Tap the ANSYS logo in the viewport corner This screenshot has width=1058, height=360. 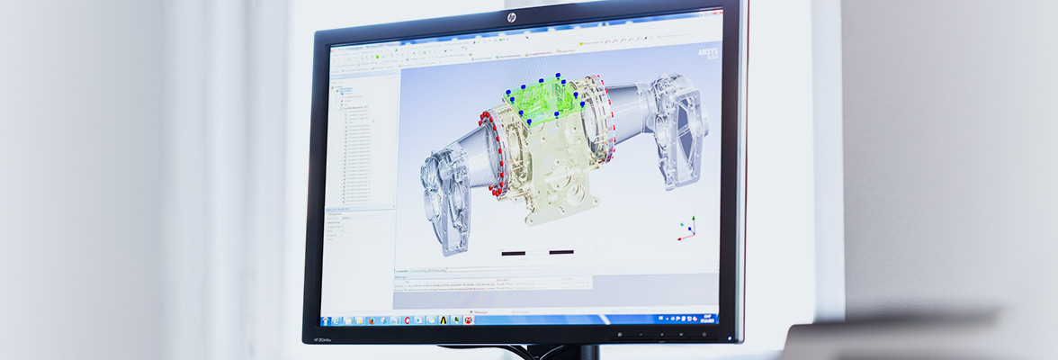(x=707, y=54)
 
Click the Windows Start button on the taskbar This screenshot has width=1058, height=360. (x=325, y=320)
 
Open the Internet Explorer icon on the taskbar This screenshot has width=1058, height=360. (x=336, y=320)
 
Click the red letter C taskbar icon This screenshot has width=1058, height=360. (x=408, y=320)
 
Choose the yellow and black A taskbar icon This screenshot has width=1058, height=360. (x=443, y=319)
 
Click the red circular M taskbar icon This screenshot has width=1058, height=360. (x=468, y=319)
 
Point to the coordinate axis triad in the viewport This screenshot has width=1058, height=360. (x=686, y=229)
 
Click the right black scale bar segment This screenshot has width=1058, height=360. (x=561, y=252)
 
